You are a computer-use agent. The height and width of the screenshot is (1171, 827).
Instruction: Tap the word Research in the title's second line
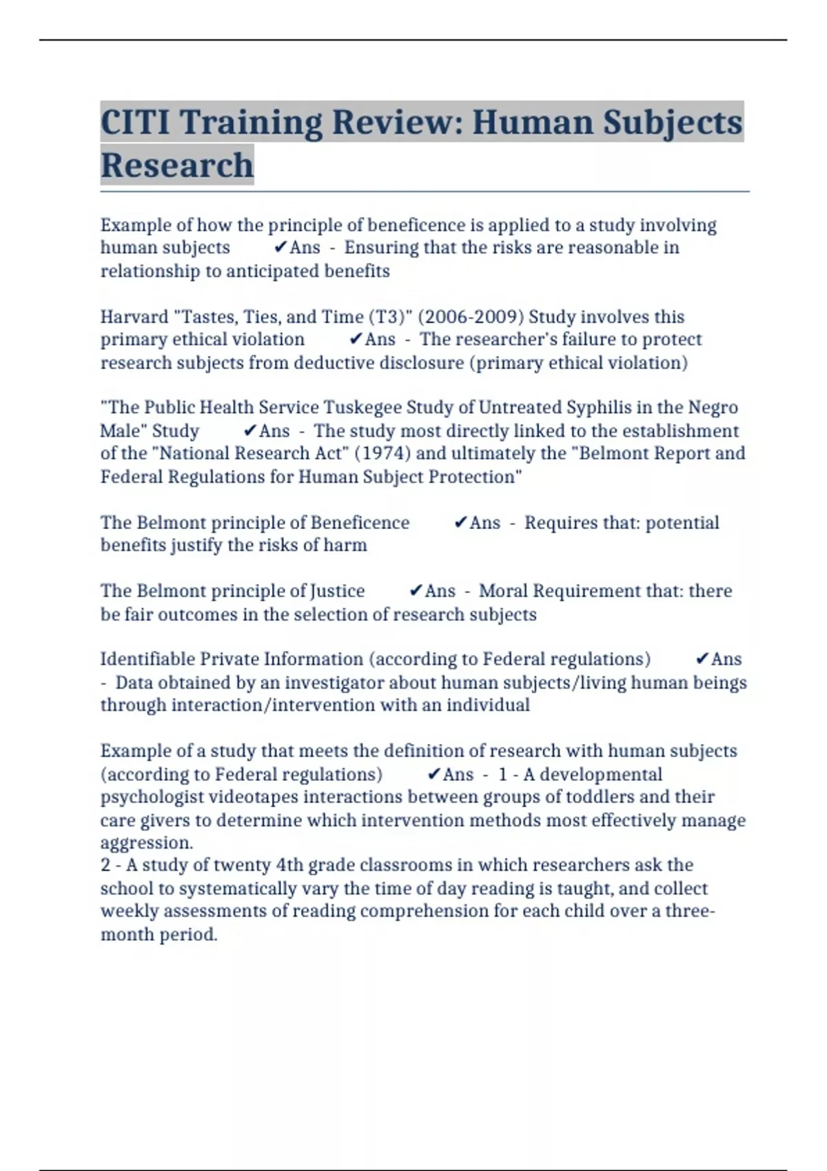pos(177,165)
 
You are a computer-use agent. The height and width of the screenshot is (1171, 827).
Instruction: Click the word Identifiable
pos(147,659)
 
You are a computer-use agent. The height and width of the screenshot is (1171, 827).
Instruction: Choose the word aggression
pos(147,843)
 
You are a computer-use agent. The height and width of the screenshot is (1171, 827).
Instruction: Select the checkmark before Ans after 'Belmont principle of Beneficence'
pos(461,523)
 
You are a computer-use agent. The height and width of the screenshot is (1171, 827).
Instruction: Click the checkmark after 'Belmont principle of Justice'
pos(416,591)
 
